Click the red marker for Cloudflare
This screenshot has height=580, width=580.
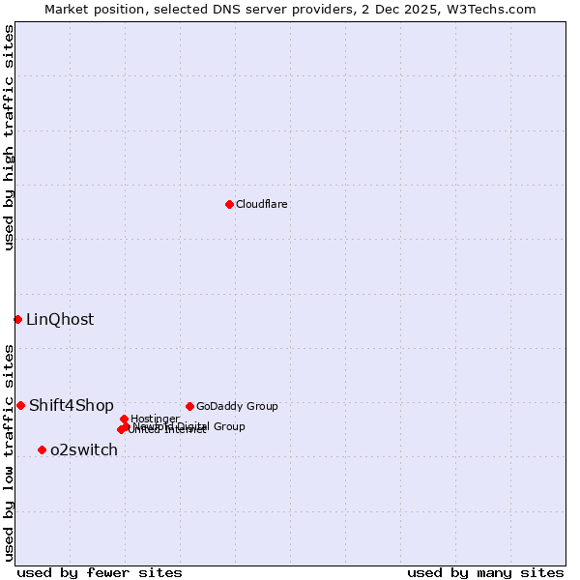[x=229, y=204]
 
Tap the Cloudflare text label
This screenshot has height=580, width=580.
[x=262, y=205]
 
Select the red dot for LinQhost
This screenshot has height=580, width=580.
[x=17, y=319]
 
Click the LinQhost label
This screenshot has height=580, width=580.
[x=60, y=320]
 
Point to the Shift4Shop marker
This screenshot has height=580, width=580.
[x=20, y=405]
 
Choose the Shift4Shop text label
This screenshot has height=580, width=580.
[x=72, y=406]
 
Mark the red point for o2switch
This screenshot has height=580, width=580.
[x=42, y=449]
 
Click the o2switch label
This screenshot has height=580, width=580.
[x=84, y=450]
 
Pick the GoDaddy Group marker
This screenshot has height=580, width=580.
[x=189, y=406]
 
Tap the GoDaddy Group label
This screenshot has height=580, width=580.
[x=237, y=407]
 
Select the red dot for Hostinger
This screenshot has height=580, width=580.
[x=124, y=419]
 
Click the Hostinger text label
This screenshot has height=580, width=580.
[x=155, y=419]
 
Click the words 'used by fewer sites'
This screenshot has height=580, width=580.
[x=100, y=572]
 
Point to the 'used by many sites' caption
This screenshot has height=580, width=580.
[x=485, y=572]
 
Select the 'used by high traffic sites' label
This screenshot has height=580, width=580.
[x=9, y=137]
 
